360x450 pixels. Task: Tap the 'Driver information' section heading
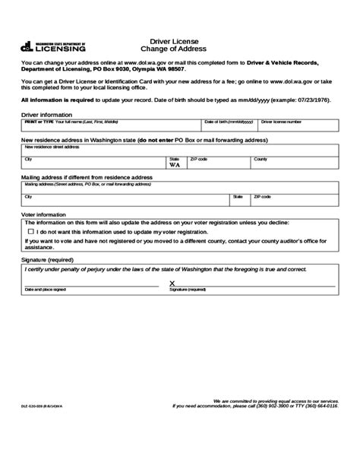tap(44, 114)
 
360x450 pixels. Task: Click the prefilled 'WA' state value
tap(174, 164)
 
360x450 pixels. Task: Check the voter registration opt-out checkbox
tap(30, 230)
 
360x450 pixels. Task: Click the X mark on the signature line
tap(173, 283)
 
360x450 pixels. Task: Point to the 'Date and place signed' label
tap(45, 290)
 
